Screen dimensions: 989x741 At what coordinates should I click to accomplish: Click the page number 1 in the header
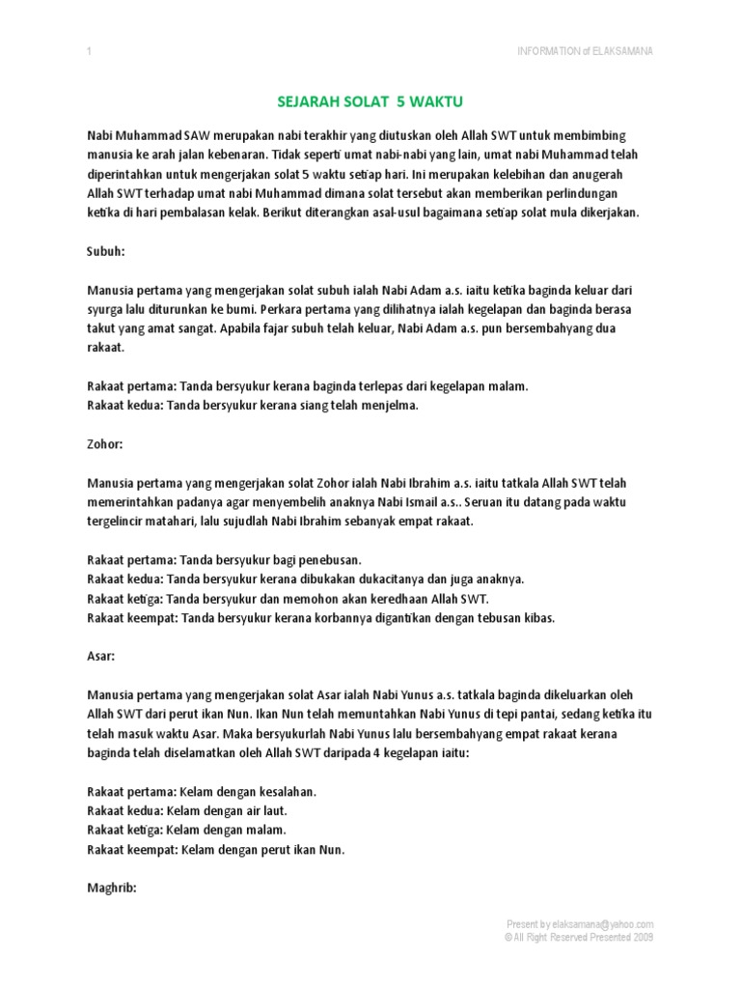pyautogui.click(x=88, y=51)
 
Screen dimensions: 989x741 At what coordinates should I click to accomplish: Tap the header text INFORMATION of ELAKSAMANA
pyautogui.click(x=586, y=51)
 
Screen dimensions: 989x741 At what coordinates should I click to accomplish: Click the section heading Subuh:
pyautogui.click(x=106, y=251)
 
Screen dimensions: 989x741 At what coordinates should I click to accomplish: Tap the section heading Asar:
pyautogui.click(x=101, y=657)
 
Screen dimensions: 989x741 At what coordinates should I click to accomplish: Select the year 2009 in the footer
pyautogui.click(x=641, y=937)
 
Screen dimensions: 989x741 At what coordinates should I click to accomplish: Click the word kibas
pyautogui.click(x=538, y=618)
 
